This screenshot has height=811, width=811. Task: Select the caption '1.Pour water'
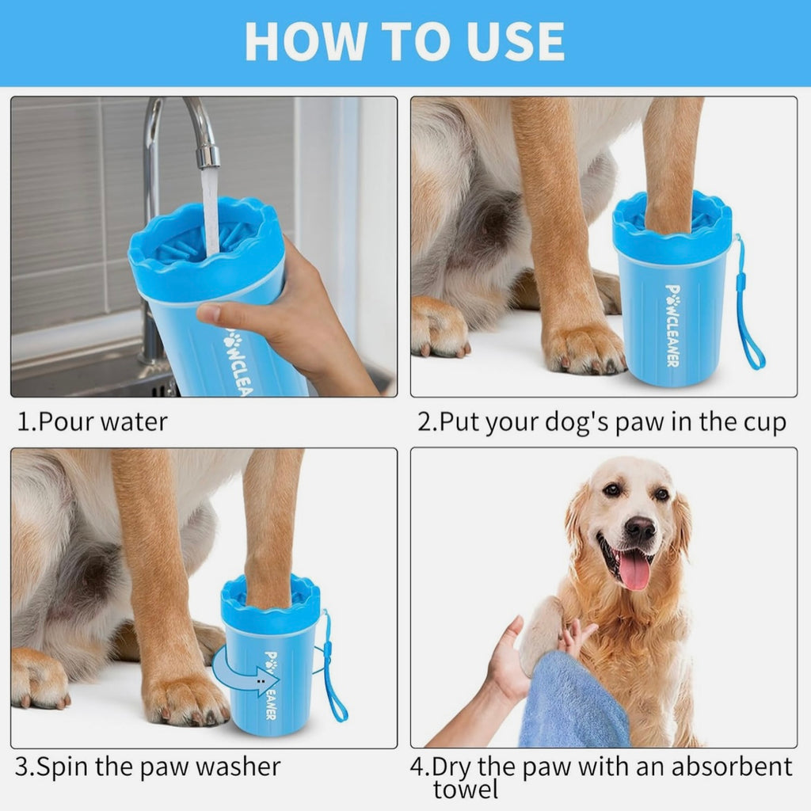tap(93, 421)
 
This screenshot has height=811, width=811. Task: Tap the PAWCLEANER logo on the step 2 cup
tap(672, 325)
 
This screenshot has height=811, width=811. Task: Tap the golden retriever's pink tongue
tap(634, 570)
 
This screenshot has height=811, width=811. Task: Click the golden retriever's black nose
tap(640, 528)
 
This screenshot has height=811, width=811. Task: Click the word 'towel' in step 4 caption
tap(466, 789)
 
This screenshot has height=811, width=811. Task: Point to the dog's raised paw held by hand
tap(543, 634)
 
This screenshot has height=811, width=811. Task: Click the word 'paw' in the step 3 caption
tap(170, 767)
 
